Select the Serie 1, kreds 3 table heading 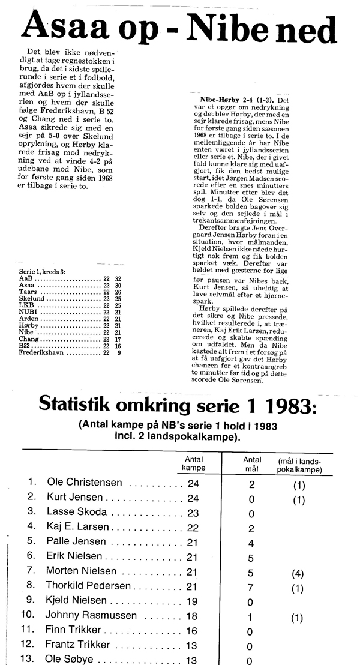46,272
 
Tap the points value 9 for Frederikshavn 119,354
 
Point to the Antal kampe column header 194,463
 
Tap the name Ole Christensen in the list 85,483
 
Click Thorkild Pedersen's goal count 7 251,586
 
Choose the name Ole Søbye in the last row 70,660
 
